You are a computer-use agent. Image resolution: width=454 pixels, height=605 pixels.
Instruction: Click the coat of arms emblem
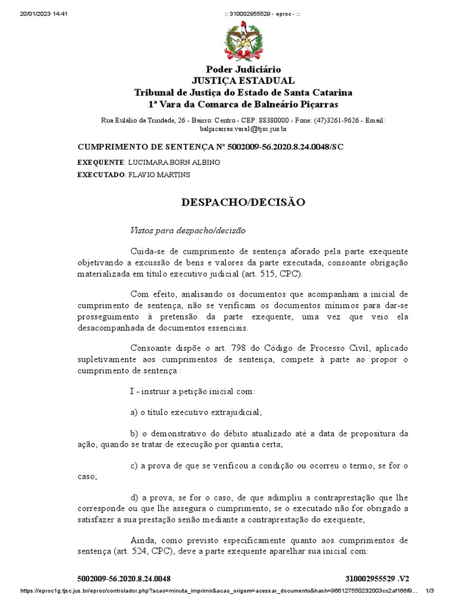tap(243, 41)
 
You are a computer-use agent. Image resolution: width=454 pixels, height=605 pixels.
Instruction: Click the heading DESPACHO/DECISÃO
tap(243, 202)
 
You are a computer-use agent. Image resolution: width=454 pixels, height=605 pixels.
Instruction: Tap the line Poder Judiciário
tap(243, 70)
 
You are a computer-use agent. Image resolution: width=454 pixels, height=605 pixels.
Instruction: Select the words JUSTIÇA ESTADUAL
tap(243, 81)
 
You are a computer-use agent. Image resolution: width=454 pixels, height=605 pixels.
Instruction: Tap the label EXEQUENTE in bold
tap(100, 162)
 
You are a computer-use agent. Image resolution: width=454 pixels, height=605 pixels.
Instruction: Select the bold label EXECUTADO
tap(101, 174)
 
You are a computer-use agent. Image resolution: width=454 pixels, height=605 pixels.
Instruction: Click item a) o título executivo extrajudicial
tap(196, 412)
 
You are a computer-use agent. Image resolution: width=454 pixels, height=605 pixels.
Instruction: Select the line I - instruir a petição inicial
tap(192, 391)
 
